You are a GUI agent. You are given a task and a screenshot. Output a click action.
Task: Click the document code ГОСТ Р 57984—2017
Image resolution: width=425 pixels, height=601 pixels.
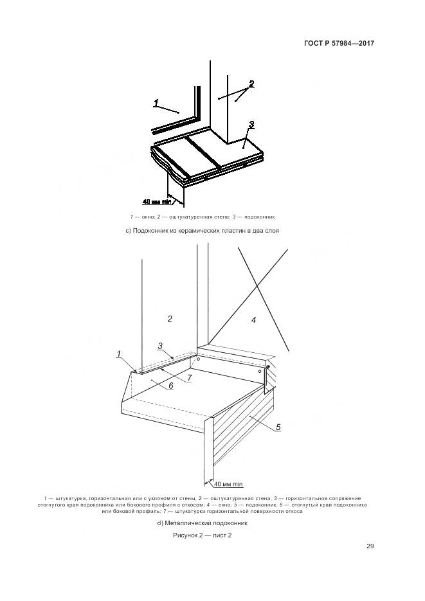339,43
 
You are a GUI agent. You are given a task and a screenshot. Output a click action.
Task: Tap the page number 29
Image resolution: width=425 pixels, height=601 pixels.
370,546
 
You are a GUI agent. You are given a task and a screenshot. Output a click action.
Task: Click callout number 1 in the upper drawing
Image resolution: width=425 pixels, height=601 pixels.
156,103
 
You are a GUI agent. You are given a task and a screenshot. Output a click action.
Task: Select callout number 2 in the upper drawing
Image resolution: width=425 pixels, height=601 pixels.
251,84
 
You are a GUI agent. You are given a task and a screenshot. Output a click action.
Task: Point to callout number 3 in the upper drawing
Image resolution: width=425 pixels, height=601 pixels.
251,124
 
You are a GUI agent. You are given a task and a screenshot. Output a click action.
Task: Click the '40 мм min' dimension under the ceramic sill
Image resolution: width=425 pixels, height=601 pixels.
157,201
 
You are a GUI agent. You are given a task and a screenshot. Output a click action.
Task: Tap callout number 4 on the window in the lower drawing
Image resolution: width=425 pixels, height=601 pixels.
254,319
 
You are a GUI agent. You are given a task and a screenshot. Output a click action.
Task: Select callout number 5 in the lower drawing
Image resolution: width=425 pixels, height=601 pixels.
278,427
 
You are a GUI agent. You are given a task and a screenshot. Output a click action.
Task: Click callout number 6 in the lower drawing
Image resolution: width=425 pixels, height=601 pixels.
171,386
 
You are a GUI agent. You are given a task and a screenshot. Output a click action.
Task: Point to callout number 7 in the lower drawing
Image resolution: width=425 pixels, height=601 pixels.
189,378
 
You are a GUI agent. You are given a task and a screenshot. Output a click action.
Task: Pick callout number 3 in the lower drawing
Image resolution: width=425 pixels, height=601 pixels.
160,346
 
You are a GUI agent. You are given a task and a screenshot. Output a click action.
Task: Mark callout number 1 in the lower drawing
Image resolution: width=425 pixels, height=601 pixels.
119,354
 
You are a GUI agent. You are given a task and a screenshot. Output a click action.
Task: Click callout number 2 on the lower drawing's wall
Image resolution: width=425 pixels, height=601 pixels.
170,319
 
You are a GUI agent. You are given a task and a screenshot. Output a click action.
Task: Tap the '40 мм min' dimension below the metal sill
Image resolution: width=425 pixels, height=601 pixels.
228,484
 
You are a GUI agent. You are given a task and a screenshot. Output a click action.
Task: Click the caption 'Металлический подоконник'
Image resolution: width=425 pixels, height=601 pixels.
203,523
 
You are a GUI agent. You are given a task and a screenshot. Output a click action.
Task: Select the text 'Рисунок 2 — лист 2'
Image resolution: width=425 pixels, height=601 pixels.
203,535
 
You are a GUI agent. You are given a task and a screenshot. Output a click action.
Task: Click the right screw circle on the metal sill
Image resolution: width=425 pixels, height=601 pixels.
260,371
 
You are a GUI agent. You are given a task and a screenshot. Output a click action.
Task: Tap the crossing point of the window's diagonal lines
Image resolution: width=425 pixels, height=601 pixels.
257,285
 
